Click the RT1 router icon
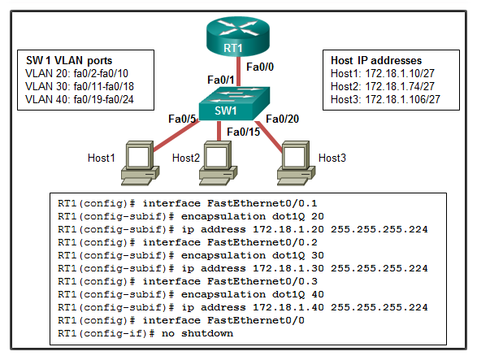tap(238, 37)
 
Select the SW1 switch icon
tap(234, 103)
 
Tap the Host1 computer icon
tap(141, 163)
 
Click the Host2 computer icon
tap(218, 163)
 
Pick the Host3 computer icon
tap(296, 163)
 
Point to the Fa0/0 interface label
tap(260, 67)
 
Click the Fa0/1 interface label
tap(221, 80)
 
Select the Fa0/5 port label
tap(182, 119)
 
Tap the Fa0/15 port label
tap(243, 132)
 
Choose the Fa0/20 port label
tap(282, 119)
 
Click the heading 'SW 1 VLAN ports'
tap(69, 61)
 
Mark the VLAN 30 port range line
tap(80, 86)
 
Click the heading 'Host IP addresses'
tap(376, 61)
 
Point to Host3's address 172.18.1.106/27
tap(402, 99)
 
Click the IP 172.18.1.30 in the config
tap(288, 268)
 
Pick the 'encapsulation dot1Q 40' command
tap(253, 294)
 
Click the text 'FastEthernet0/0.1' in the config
tap(262, 203)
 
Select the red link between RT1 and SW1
tap(239, 72)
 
